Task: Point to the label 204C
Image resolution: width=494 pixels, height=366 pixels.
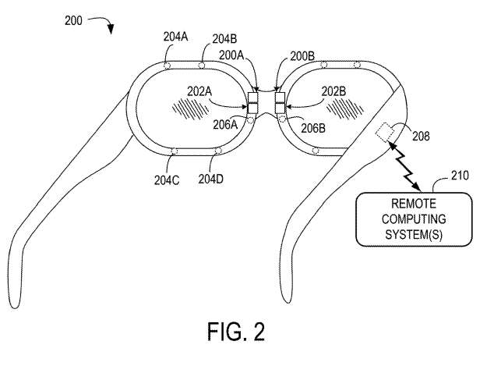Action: [x=167, y=179]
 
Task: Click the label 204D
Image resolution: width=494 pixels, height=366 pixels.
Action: [x=210, y=179]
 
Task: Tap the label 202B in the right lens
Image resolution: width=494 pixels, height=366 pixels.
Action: [x=337, y=91]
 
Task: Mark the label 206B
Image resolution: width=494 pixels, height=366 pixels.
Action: [x=312, y=126]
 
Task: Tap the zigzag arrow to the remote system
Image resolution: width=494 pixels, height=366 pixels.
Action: [x=407, y=166]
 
